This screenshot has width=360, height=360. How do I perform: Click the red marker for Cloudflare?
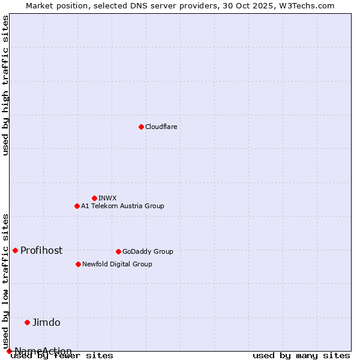(x=141, y=127)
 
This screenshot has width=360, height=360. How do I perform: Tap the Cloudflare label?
(x=161, y=127)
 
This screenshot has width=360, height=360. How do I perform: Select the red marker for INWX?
(x=94, y=198)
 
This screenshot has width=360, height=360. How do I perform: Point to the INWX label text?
(x=107, y=198)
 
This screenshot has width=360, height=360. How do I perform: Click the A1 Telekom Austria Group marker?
(x=77, y=206)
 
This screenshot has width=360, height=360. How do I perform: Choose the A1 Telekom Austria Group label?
(x=122, y=206)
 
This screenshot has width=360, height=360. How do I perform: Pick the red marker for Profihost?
(x=15, y=250)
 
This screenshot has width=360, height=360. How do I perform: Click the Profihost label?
(x=41, y=251)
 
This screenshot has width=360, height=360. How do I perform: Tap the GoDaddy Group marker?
(x=118, y=251)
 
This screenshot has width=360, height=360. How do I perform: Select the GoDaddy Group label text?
(x=148, y=251)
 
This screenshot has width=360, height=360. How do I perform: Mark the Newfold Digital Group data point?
(x=78, y=264)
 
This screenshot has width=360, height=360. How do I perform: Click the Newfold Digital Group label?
(x=117, y=264)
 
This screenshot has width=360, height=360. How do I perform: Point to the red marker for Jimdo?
(x=27, y=322)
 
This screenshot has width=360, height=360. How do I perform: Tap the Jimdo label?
(x=46, y=323)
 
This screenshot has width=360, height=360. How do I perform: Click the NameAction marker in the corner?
(x=9, y=351)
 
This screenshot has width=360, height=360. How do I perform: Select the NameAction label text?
(x=43, y=351)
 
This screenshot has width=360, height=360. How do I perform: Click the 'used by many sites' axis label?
(x=301, y=356)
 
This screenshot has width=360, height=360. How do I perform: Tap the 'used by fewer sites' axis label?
(x=62, y=356)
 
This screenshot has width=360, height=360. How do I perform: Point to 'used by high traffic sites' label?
(x=6, y=85)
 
